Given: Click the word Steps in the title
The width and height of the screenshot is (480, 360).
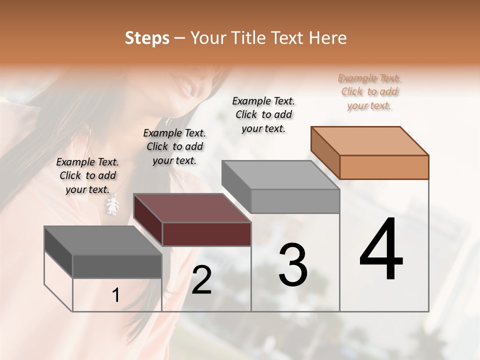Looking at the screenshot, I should click(x=147, y=38).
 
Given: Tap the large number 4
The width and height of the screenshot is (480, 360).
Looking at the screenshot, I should click(x=381, y=249).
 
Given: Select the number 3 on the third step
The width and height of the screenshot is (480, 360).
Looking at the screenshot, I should click(x=293, y=264).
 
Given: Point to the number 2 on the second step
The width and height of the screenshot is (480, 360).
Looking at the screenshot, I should click(x=201, y=280).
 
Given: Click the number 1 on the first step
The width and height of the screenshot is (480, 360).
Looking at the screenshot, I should click(x=115, y=295).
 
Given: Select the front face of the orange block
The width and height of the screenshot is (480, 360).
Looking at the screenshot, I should click(x=384, y=167).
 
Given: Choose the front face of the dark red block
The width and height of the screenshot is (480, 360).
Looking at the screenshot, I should click(x=206, y=234).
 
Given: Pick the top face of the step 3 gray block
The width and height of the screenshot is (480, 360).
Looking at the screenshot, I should click(x=280, y=175).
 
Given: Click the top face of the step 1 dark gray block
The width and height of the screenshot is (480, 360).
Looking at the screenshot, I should click(x=103, y=240).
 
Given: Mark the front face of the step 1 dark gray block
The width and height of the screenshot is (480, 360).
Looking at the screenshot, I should click(x=117, y=266).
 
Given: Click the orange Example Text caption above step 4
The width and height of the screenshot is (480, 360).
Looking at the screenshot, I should click(x=369, y=91).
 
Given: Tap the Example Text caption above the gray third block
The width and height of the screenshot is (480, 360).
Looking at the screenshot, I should click(x=263, y=114).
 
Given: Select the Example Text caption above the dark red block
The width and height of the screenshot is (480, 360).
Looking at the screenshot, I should click(x=174, y=146).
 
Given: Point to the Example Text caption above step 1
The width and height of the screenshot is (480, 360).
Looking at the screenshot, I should click(x=87, y=175).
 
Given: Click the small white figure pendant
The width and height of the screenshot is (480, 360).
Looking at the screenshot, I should click(x=113, y=205).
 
